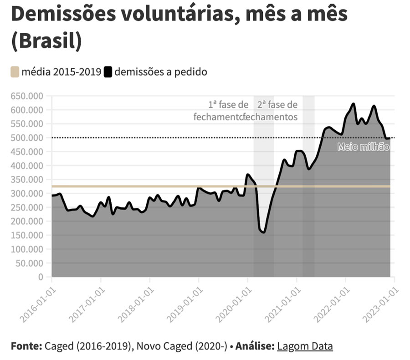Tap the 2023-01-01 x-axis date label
[379, 303]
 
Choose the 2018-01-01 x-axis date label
[135, 303]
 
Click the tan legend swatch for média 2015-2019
[15, 72]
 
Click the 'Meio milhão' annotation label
[364, 147]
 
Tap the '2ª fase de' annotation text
[277, 105]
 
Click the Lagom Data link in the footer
[304, 346]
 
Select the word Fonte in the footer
[26, 346]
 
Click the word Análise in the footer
[254, 346]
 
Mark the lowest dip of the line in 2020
[263, 232]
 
